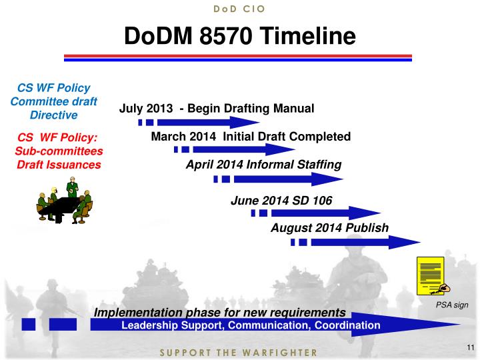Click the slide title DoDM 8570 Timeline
pyautogui.click(x=240, y=36)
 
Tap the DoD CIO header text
pyautogui.click(x=240, y=9)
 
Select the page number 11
pyautogui.click(x=469, y=347)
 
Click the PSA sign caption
pyautogui.click(x=452, y=305)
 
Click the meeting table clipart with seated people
pyautogui.click(x=64, y=201)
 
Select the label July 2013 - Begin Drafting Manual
pyautogui.click(x=216, y=108)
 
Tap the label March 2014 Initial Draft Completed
pyautogui.click(x=251, y=137)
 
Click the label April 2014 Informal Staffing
pyautogui.click(x=263, y=165)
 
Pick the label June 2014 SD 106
pyautogui.click(x=281, y=200)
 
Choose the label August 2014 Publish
pyautogui.click(x=329, y=228)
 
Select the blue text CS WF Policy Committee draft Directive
pyautogui.click(x=54, y=101)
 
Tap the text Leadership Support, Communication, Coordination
pyautogui.click(x=251, y=325)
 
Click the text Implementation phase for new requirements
pyautogui.click(x=220, y=313)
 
